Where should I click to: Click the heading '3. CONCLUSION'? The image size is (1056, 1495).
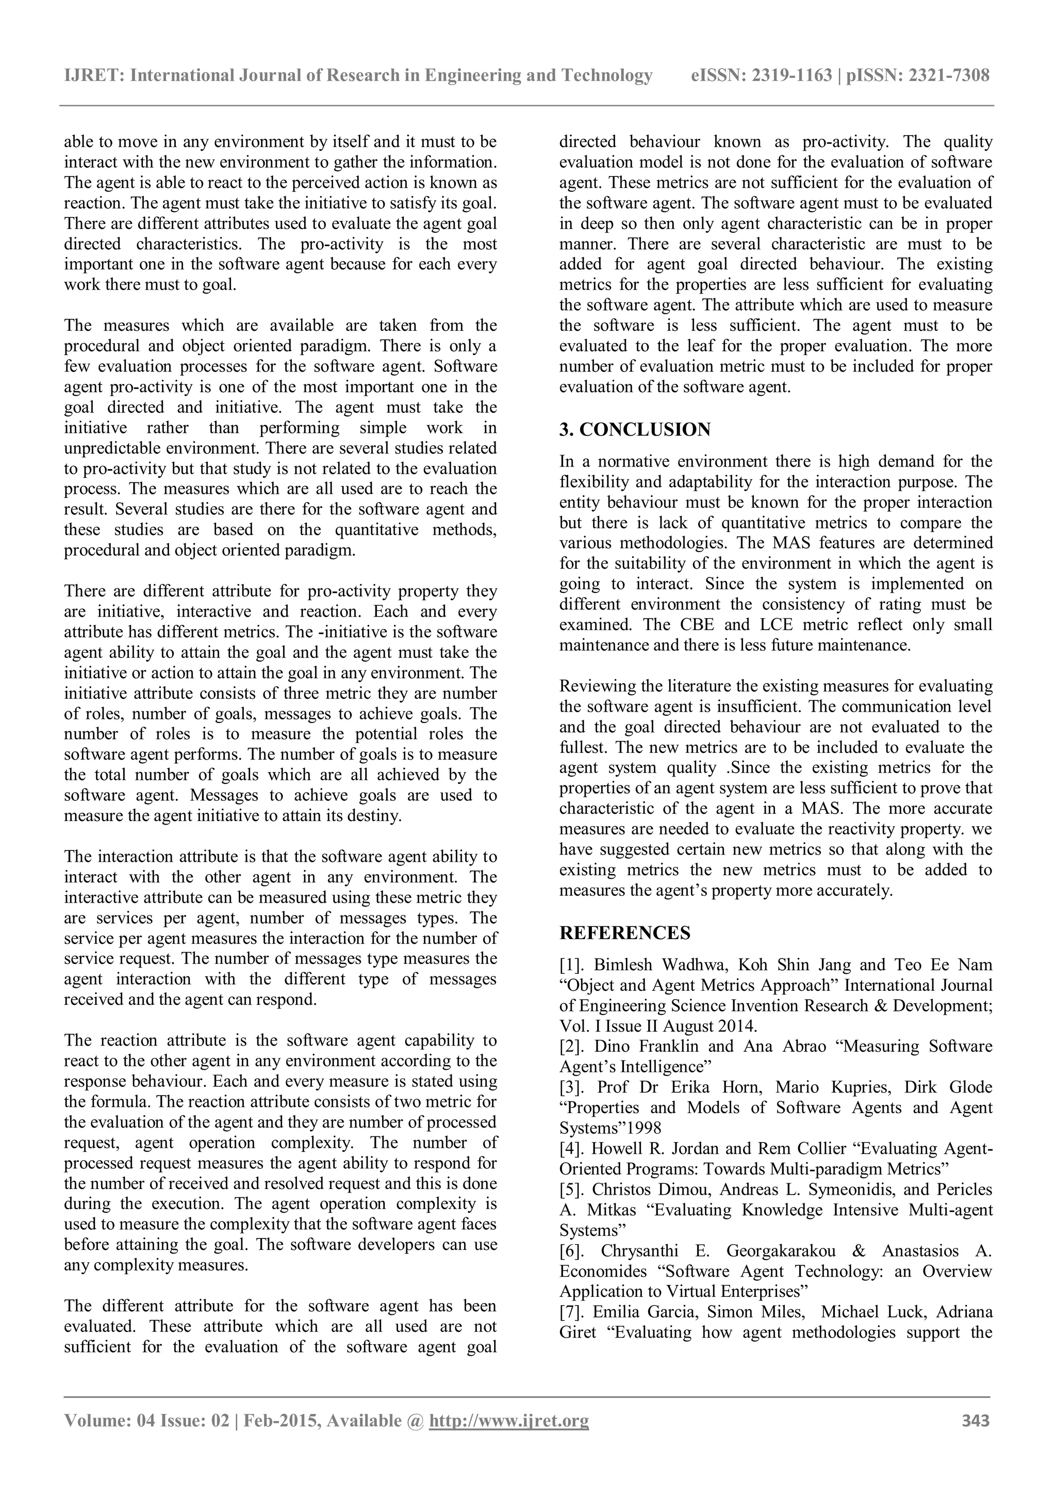(x=634, y=430)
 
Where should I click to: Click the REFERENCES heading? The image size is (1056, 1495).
(x=624, y=933)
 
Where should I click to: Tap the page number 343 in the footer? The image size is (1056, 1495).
(x=976, y=1420)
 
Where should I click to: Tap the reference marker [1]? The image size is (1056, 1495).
(x=574, y=965)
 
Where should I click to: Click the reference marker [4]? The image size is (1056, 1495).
(x=574, y=1149)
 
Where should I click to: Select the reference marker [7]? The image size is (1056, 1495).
(x=574, y=1311)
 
